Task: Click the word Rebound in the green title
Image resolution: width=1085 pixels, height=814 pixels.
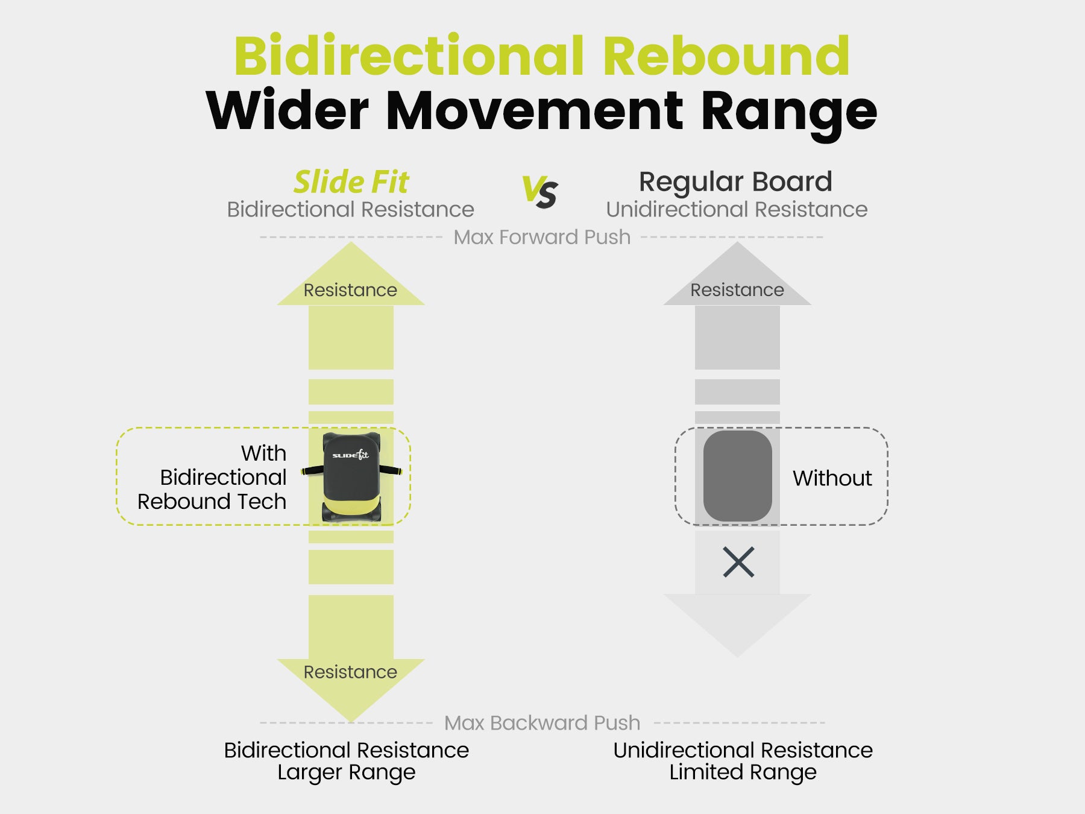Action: (x=726, y=55)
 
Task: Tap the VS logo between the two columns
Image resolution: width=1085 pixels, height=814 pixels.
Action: (x=540, y=192)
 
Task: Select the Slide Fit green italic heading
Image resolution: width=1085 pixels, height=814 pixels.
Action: (x=351, y=182)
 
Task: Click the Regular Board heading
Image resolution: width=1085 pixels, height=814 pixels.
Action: (x=735, y=181)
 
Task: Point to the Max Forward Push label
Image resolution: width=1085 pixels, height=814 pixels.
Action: (x=542, y=238)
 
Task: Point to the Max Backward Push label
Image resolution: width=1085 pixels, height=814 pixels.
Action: (x=542, y=722)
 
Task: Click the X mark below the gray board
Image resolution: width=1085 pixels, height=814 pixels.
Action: (x=738, y=563)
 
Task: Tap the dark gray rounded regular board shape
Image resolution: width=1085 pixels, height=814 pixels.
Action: (x=737, y=476)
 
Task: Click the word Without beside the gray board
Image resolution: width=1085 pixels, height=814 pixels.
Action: (x=832, y=478)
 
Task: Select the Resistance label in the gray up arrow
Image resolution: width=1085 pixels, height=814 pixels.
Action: (x=737, y=290)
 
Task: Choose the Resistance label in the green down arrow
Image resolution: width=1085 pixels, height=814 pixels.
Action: (x=350, y=672)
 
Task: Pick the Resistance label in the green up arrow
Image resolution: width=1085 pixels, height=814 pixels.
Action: (x=350, y=290)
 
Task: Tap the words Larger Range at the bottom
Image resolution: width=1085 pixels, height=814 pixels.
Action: (x=346, y=772)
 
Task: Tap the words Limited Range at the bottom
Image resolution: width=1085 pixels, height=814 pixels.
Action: (x=743, y=772)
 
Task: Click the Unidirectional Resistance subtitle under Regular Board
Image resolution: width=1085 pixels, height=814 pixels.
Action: (x=737, y=210)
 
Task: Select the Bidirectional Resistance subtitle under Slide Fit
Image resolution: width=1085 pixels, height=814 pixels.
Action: (x=350, y=210)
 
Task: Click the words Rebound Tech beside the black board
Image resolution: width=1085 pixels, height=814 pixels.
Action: (x=212, y=502)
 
